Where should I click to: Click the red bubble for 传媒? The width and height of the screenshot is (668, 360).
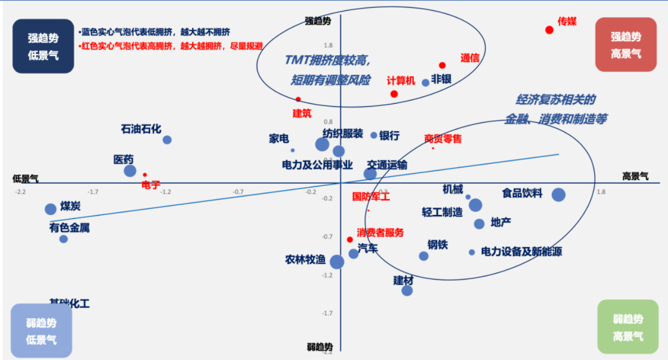tap(549, 29)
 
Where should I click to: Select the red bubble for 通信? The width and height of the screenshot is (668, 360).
tap(442, 65)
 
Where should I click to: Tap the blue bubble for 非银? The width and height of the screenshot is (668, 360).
tap(425, 83)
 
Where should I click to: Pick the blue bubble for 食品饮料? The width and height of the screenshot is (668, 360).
tap(558, 195)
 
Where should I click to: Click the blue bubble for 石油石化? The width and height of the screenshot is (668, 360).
tap(167, 140)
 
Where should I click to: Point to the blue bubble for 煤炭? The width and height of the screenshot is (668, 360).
tap(51, 209)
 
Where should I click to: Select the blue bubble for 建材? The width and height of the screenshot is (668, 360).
tap(407, 290)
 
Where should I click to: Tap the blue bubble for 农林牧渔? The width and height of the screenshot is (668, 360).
tap(337, 262)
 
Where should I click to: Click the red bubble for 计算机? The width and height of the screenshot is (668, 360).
tap(394, 94)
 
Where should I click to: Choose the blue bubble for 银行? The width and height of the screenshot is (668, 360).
tap(374, 135)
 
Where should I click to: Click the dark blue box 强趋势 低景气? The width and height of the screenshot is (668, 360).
tap(43, 46)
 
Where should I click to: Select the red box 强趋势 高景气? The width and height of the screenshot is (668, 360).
tap(626, 45)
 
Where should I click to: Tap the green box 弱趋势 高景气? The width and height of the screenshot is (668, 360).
tap(627, 328)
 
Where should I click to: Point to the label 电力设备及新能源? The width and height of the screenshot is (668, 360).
tap(521, 252)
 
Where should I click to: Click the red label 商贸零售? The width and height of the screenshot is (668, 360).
tap(443, 139)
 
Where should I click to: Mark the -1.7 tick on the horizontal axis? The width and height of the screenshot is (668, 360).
tap(93, 192)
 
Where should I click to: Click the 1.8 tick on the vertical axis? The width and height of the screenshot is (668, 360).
tap(327, 45)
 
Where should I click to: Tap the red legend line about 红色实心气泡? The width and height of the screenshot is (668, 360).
tap(172, 46)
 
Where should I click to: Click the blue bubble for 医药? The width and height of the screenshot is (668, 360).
tap(130, 170)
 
